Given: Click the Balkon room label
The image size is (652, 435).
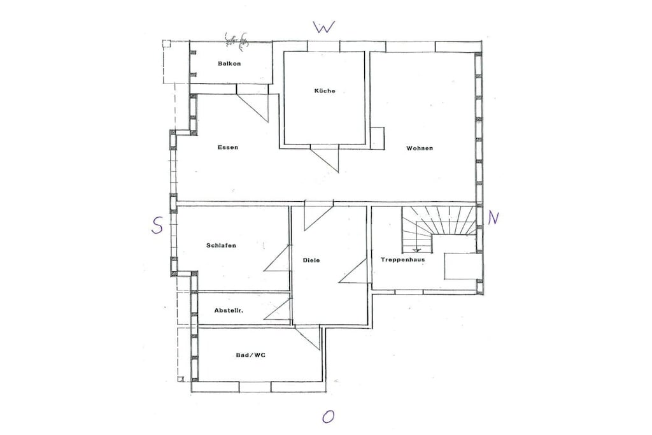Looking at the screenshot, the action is [229, 64].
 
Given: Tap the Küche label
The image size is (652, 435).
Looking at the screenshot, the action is [325, 90].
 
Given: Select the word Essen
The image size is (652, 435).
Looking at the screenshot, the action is [228, 147].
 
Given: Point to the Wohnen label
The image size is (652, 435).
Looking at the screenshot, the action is [420, 148].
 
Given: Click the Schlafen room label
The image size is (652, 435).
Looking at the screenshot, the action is [221, 245].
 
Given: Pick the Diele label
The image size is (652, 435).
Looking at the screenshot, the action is [311, 260].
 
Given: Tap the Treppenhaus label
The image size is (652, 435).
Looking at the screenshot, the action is [403, 260].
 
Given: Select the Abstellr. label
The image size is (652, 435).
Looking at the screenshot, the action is [229, 310].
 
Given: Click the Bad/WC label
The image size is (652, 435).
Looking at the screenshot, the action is [251, 355].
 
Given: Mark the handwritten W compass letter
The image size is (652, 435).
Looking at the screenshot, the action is [323, 27].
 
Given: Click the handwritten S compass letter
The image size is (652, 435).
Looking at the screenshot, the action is [157, 226].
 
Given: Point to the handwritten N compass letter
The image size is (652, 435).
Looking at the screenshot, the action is [493, 218].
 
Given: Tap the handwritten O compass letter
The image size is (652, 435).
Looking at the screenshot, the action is [328, 417].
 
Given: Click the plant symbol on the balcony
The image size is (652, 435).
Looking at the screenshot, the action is [236, 41].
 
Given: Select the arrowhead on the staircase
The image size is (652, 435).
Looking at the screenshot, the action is [416, 250].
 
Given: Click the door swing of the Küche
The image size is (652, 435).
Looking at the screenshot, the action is [325, 159].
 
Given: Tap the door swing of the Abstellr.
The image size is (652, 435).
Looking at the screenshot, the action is [278, 310].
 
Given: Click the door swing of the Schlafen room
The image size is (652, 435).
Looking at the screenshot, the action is [277, 258].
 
